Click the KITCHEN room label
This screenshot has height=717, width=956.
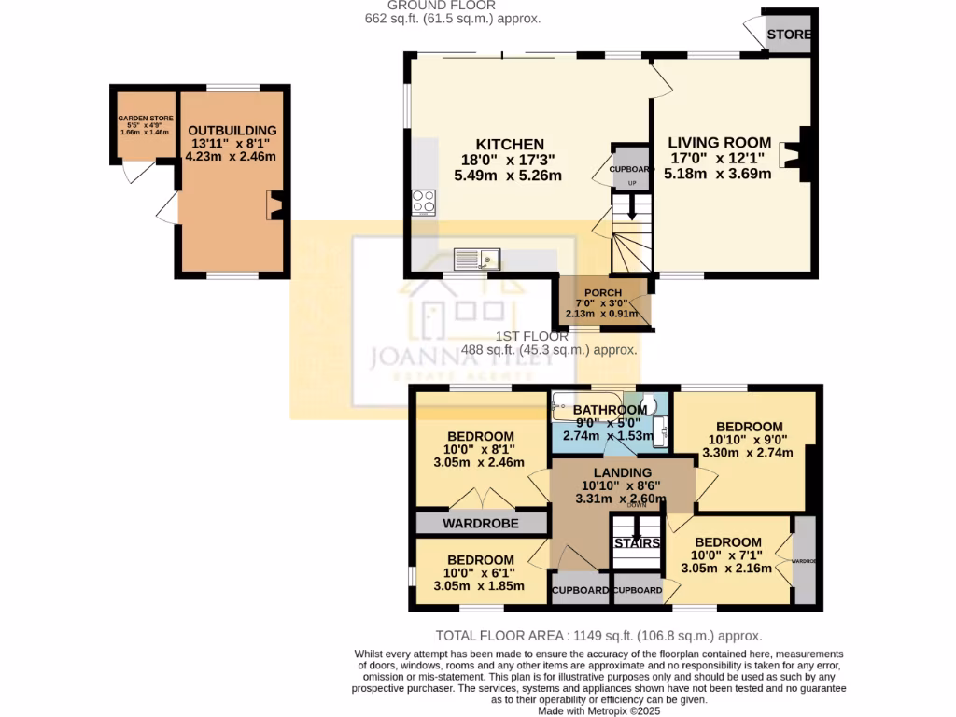pos(510,145)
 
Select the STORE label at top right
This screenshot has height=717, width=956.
pos(789,35)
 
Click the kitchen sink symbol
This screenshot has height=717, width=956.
pos(477,258)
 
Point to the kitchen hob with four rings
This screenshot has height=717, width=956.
pos(423,201)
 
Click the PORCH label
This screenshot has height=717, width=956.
pos(603,293)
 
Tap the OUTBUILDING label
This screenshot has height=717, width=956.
pos(232,130)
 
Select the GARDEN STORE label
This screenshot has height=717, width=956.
pos(146,119)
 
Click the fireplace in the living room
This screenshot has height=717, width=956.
pos(800,153)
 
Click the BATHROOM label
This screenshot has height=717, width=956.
pos(610,410)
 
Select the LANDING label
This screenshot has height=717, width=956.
pos(616,472)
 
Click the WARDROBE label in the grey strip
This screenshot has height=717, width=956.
pos(481,524)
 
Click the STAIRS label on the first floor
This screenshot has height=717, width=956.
pos(638,543)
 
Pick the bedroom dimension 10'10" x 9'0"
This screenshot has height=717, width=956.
pos(749,440)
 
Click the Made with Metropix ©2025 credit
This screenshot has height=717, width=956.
pos(598,710)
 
